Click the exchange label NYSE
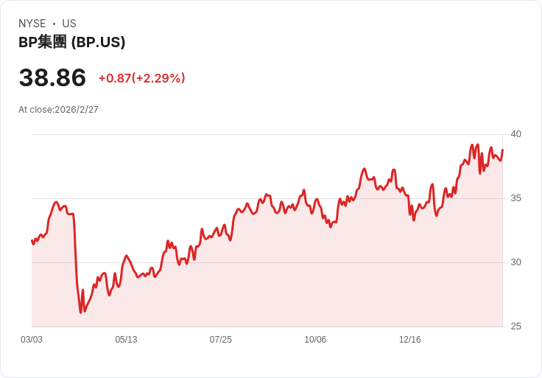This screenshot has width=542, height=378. click(x=32, y=24)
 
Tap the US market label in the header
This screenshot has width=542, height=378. click(x=69, y=24)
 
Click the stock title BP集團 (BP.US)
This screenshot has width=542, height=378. click(x=71, y=42)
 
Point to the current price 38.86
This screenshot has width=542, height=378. click(x=52, y=77)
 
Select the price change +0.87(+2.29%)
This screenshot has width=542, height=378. click(x=141, y=78)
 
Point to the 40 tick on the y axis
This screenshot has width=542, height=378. click(x=515, y=134)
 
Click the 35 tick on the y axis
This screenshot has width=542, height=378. click(x=515, y=198)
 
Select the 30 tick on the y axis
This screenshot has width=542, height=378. click(x=515, y=262)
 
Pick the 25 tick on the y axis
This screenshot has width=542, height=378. click(x=515, y=326)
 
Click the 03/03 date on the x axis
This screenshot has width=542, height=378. click(x=32, y=340)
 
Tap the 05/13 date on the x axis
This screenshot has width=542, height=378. click(x=126, y=340)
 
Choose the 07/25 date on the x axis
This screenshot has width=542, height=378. click(x=220, y=340)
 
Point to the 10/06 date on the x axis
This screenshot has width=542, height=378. click(x=315, y=340)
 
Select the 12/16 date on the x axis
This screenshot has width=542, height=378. click(x=409, y=340)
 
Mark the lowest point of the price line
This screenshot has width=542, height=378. click(x=81, y=312)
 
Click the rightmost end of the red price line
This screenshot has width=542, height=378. click(x=502, y=150)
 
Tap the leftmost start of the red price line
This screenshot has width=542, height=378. click(x=32, y=240)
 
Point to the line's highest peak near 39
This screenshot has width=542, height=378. click(x=477, y=144)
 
